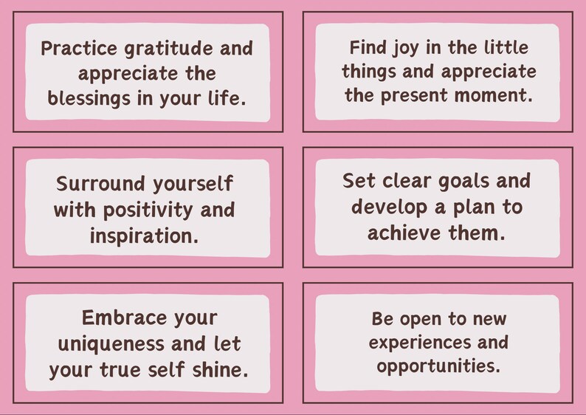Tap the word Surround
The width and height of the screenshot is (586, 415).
pos(100,184)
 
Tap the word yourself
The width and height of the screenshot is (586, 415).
pos(198,184)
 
